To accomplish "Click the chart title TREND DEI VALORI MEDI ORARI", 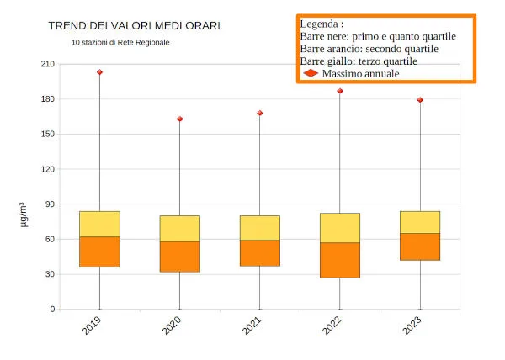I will (x=135, y=26).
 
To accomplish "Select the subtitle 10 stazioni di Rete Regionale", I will (x=120, y=42).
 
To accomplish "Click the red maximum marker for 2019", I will (x=99, y=72).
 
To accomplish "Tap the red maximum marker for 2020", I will (x=179, y=119).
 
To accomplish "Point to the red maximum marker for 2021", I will (x=260, y=113).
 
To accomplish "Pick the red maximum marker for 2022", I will (x=340, y=91).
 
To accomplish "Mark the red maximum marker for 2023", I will (x=420, y=100).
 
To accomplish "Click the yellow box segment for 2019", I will (x=99, y=224).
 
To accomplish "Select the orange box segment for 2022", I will (x=340, y=260).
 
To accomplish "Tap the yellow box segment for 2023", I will (x=420, y=222).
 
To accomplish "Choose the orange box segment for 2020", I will (x=179, y=257).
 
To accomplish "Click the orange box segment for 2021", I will (x=260, y=253).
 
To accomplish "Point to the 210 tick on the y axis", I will (x=47, y=64).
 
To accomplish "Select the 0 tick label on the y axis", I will (x=52, y=309).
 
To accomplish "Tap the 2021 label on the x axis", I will (x=252, y=326).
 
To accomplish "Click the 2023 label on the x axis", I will (x=412, y=326).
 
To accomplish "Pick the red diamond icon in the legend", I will (x=311, y=74).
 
